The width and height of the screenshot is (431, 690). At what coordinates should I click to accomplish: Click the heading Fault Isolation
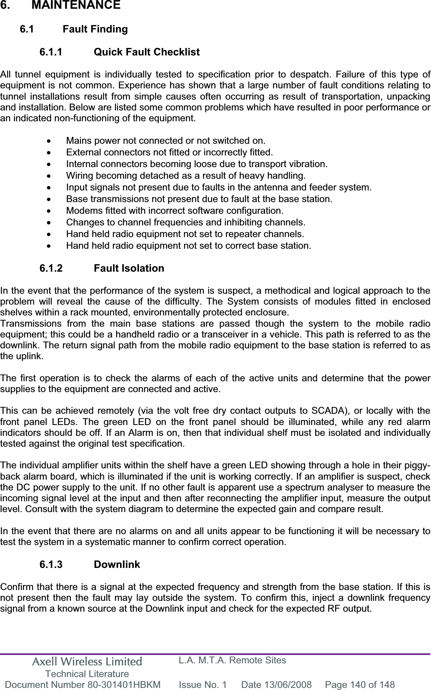(x=129, y=268)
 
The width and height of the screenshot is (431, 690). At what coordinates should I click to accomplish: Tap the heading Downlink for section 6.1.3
(x=117, y=565)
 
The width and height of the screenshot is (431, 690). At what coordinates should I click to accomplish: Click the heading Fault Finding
(x=95, y=30)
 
